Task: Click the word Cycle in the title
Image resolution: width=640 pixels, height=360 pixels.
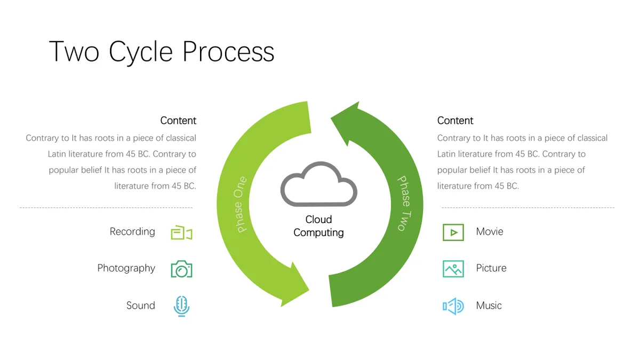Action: tap(141, 52)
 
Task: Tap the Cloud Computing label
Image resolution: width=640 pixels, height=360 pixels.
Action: tap(318, 226)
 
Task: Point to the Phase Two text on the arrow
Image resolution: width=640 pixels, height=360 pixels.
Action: tap(405, 203)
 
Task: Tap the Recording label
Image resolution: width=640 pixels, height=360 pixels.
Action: tap(132, 231)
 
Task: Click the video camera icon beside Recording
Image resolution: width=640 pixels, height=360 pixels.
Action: tap(181, 233)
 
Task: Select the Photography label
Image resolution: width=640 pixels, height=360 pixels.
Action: tap(126, 268)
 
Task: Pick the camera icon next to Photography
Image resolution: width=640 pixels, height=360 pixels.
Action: tap(181, 269)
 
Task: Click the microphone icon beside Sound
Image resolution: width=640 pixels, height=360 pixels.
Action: tap(181, 306)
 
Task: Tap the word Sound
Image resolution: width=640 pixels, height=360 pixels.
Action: tap(141, 306)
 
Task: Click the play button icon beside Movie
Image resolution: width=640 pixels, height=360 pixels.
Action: tap(453, 233)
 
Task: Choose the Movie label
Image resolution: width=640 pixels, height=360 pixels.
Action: tap(490, 231)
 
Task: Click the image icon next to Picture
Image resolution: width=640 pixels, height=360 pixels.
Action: tap(453, 269)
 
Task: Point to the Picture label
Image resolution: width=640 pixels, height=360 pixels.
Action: tap(491, 268)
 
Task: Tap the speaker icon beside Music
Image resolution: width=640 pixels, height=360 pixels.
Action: tap(453, 306)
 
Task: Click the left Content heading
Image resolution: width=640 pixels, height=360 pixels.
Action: tap(178, 121)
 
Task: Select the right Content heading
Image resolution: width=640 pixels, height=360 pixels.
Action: tap(455, 121)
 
